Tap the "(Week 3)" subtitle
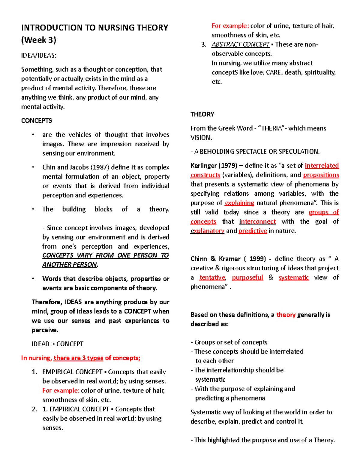(39, 40)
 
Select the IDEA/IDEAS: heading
(39, 56)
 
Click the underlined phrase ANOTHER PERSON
(70, 265)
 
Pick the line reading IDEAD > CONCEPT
(58, 344)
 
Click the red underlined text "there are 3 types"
(78, 358)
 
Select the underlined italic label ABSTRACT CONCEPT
(241, 44)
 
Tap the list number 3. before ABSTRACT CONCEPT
(204, 44)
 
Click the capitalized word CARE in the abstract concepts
(273, 72)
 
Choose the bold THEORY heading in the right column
(202, 114)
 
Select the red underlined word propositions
(321, 175)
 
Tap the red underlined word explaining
(239, 203)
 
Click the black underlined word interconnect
(257, 221)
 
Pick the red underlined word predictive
(253, 231)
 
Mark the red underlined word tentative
(212, 278)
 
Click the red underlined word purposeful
(247, 278)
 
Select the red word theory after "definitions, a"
(286, 315)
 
